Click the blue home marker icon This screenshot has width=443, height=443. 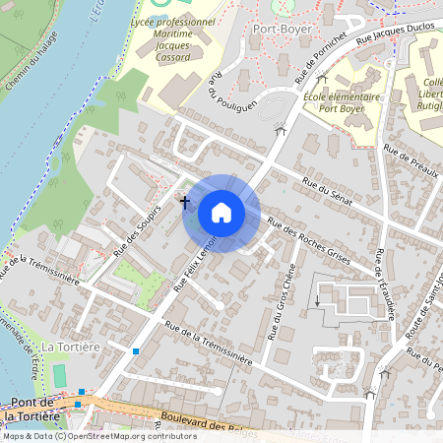(x=221, y=213)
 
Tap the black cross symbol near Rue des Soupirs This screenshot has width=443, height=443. (x=184, y=201)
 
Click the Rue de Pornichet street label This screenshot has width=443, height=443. (x=323, y=62)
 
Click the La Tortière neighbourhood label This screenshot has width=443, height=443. (x=71, y=347)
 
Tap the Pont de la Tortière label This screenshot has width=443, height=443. (x=36, y=410)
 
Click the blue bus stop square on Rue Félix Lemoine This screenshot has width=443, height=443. (x=136, y=350)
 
